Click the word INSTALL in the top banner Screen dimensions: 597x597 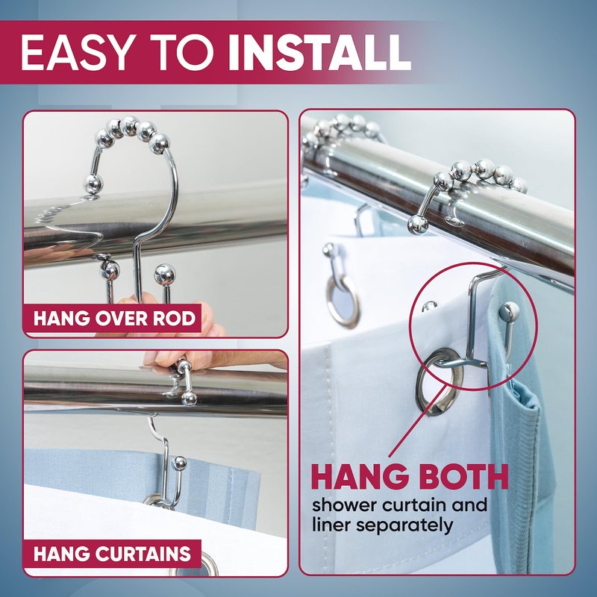click(x=319, y=52)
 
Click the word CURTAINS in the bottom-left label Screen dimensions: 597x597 click(x=143, y=554)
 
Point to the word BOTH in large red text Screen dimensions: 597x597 click(x=459, y=476)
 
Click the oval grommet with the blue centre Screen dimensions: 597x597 click(x=343, y=301)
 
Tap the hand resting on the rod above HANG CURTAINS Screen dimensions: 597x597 click(x=213, y=359)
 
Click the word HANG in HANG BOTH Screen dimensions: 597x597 click(x=357, y=476)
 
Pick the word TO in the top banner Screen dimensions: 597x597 click(x=180, y=52)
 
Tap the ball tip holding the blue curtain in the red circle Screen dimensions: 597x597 click(x=509, y=311)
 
